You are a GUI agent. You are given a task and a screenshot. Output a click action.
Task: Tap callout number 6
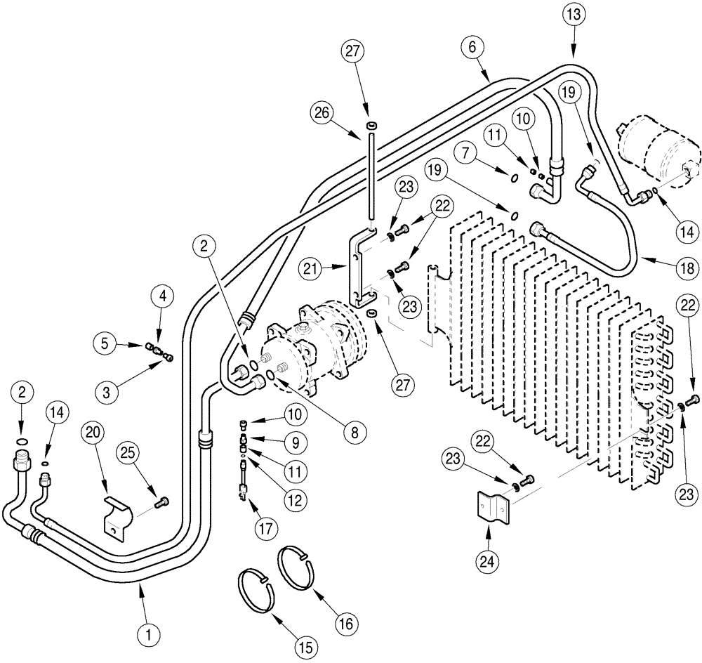(x=472, y=47)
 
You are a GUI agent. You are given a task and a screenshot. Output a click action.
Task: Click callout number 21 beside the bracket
(x=310, y=268)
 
